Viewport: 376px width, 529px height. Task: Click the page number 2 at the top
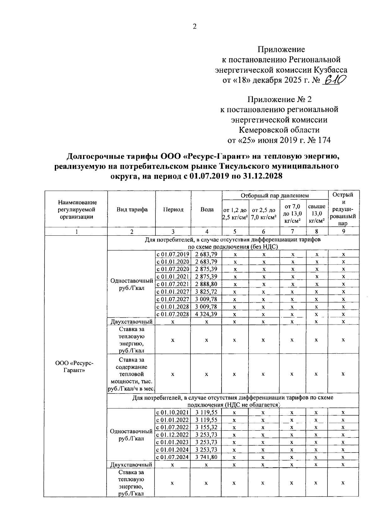194,27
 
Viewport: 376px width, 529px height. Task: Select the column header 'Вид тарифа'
132,210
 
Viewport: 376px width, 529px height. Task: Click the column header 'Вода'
207,210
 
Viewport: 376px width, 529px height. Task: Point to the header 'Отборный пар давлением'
274,195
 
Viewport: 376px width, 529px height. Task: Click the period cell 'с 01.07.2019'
173,254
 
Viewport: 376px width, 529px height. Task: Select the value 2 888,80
206,284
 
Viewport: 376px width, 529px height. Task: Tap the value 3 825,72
206,292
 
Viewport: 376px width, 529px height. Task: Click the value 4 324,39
206,314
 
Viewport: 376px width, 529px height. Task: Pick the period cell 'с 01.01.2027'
173,292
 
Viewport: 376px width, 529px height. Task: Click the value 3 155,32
206,427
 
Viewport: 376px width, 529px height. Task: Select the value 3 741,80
206,457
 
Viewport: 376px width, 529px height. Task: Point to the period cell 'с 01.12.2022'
173,435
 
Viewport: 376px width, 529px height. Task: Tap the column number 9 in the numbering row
343,232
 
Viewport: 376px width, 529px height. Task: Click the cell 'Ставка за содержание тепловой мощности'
131,374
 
